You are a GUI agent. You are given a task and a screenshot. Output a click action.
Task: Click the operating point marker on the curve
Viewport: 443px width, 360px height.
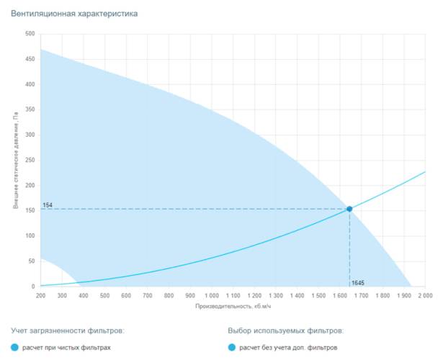(x=349, y=209)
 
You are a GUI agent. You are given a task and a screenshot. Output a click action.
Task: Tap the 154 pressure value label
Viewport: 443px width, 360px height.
(x=48, y=205)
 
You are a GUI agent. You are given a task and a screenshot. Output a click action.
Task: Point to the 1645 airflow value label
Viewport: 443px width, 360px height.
(x=358, y=282)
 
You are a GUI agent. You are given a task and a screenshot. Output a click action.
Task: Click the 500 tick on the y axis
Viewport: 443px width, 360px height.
(x=30, y=34)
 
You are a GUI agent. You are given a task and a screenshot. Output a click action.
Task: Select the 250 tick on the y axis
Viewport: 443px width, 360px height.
(x=30, y=161)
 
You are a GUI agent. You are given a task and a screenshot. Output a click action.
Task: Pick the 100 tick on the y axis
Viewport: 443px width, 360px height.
(x=30, y=236)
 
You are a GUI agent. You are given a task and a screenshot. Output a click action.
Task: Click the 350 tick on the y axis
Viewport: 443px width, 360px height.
(x=30, y=109)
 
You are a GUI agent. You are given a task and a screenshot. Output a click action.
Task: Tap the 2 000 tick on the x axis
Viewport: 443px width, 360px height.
(x=424, y=296)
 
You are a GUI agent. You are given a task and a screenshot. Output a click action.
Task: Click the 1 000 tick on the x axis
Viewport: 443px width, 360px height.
(x=211, y=296)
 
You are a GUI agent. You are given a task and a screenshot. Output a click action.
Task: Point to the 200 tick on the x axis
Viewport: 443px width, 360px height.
(x=41, y=296)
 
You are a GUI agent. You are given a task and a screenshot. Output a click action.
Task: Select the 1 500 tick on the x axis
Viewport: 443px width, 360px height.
(x=318, y=296)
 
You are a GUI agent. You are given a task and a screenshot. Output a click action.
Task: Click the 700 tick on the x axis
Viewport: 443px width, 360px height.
(x=148, y=296)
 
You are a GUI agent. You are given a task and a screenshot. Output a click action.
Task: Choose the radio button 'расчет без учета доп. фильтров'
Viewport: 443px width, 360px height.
(x=231, y=348)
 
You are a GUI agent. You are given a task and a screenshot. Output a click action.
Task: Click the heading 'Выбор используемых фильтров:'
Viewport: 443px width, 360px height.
(x=285, y=330)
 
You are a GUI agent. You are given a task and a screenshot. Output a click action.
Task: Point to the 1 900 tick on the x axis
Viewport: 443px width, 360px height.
(x=403, y=296)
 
